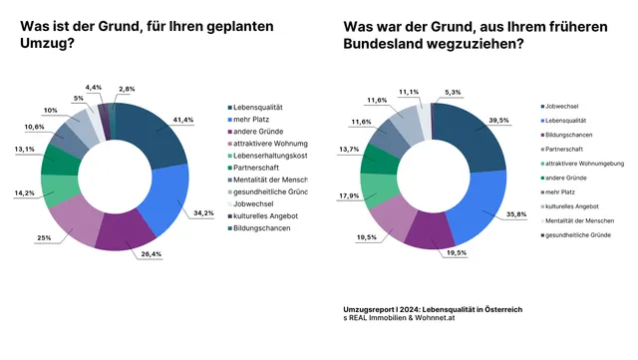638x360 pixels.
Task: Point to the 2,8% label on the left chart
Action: [x=126, y=90]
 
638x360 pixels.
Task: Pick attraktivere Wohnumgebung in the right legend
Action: [x=588, y=163]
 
